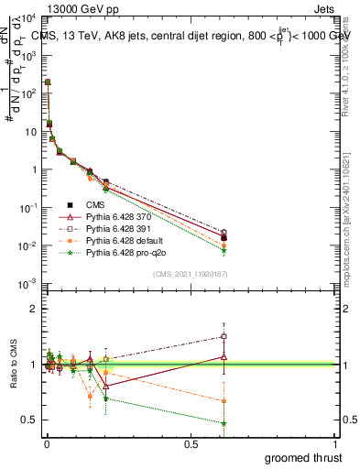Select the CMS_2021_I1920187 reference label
click(x=191, y=275)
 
